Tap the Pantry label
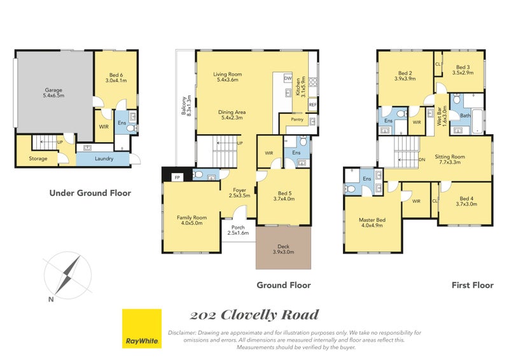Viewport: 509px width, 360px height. (x=296, y=119)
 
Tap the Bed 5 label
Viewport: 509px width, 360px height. (x=284, y=196)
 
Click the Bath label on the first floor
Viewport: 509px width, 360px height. (x=465, y=116)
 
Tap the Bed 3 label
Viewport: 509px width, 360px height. (x=463, y=70)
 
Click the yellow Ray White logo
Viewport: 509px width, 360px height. (x=141, y=329)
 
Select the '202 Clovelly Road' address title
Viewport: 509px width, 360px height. (x=254, y=315)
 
